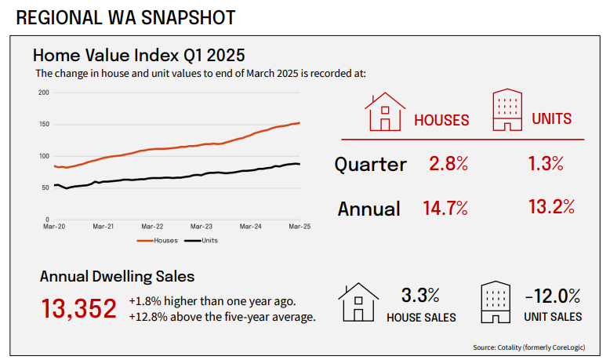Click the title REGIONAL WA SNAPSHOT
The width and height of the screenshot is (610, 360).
tap(125, 16)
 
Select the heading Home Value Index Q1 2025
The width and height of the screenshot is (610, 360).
tap(139, 56)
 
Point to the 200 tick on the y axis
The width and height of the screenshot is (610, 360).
tap(44, 93)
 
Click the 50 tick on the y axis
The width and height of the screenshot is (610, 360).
tap(45, 187)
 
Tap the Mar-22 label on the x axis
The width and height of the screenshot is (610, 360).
tap(152, 226)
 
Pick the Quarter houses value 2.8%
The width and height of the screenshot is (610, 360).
tap(448, 164)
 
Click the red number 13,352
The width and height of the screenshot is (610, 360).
tap(78, 308)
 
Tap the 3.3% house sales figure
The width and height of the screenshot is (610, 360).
tap(419, 296)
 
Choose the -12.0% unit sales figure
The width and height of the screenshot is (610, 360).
tap(554, 296)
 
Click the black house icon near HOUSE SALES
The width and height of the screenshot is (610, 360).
tap(358, 303)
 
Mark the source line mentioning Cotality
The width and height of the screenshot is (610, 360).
tap(530, 347)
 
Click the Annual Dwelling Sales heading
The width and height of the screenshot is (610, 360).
tap(117, 276)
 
